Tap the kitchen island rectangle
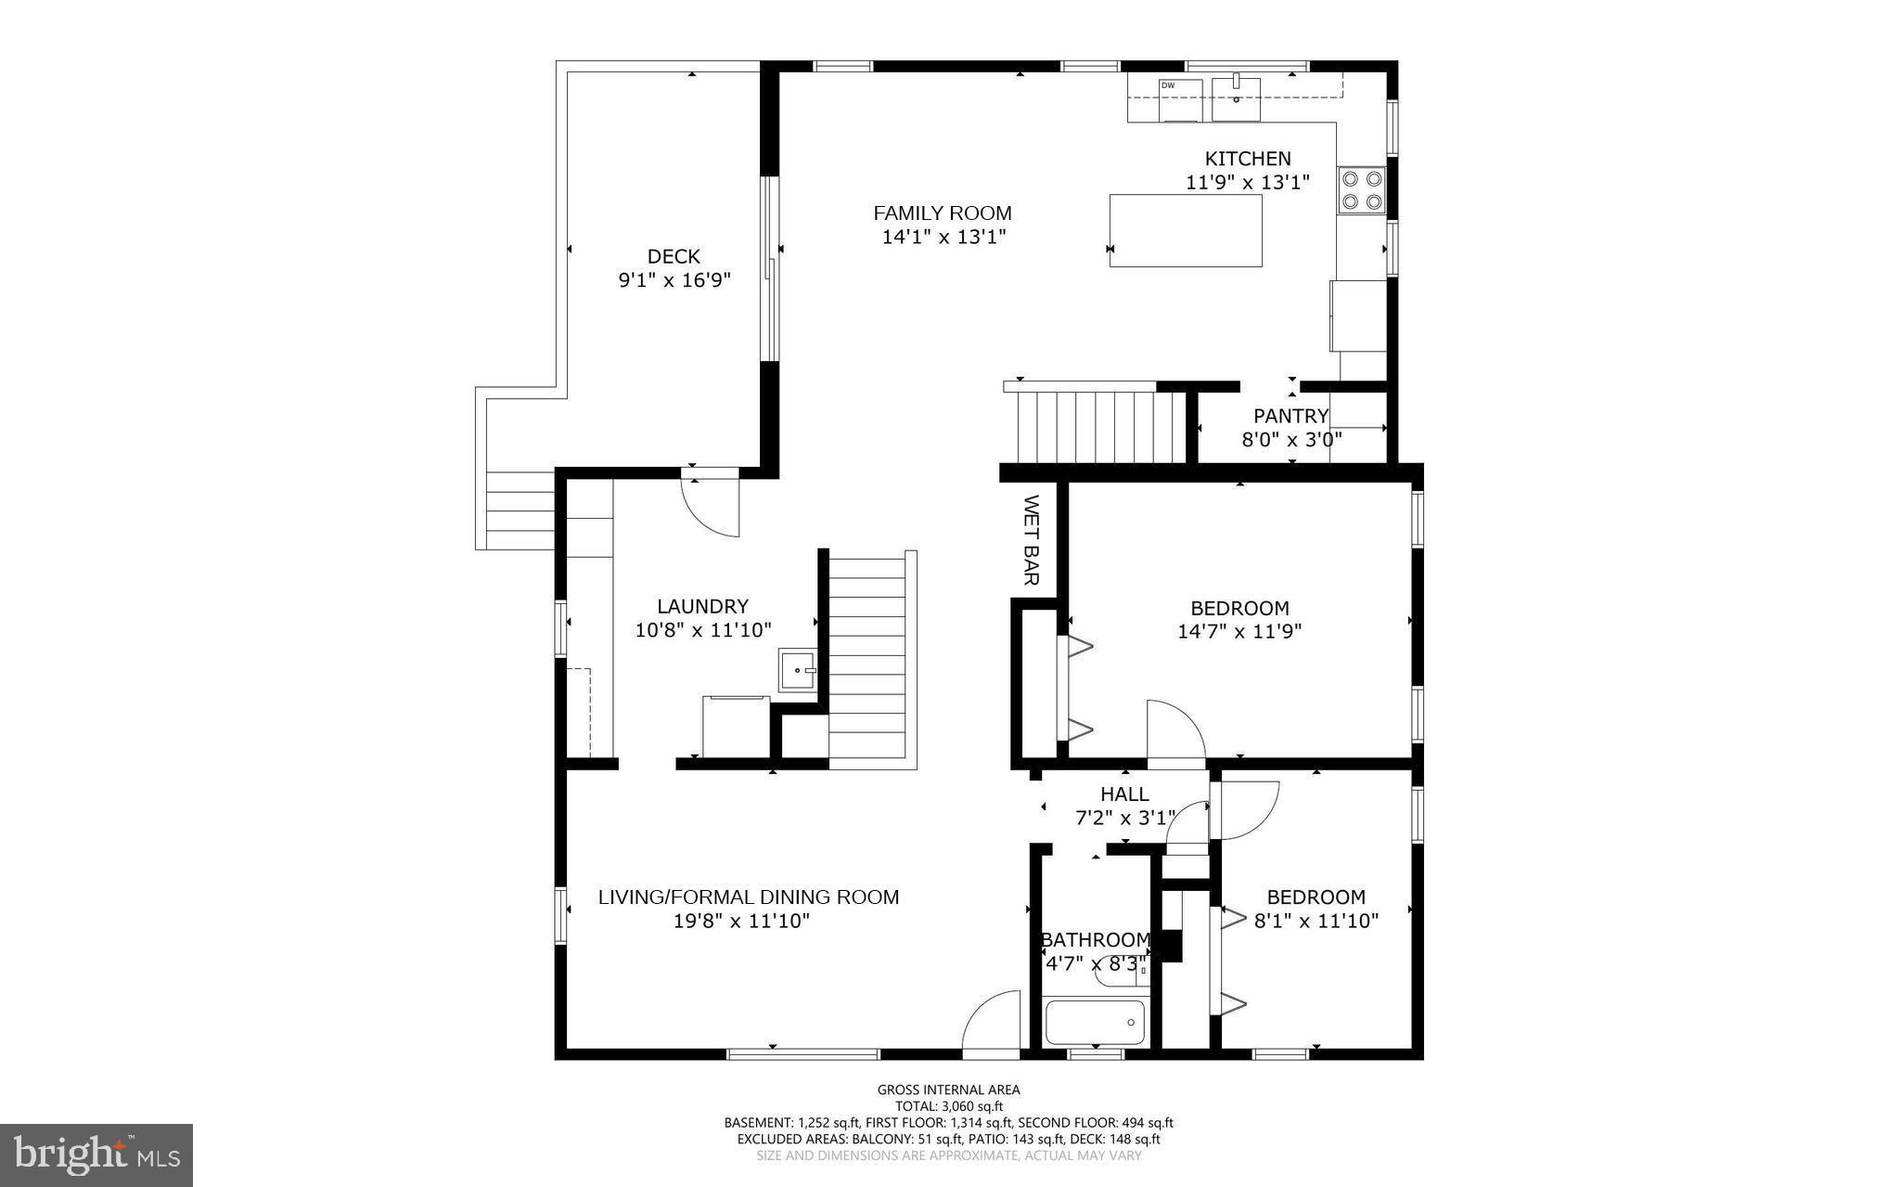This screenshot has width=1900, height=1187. coord(1186,231)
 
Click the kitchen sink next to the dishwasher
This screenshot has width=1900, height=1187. coord(1236,99)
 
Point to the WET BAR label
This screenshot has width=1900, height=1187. coord(1030,540)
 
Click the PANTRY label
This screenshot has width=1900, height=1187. coord(1290,416)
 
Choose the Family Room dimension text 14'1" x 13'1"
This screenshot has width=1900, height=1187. coord(944,238)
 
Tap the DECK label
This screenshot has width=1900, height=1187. coord(674,256)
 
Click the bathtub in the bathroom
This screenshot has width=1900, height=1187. coord(1096,1022)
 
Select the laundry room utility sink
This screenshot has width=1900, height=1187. coord(797,669)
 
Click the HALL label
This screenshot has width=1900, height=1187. coord(1124,794)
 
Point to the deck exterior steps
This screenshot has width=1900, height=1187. coord(520,510)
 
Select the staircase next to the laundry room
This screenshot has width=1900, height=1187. coord(867,659)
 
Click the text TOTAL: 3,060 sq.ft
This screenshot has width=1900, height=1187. coord(948,1106)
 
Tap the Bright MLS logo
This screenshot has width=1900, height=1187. coord(96,1155)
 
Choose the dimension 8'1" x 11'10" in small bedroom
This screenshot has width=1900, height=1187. coord(1316,922)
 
